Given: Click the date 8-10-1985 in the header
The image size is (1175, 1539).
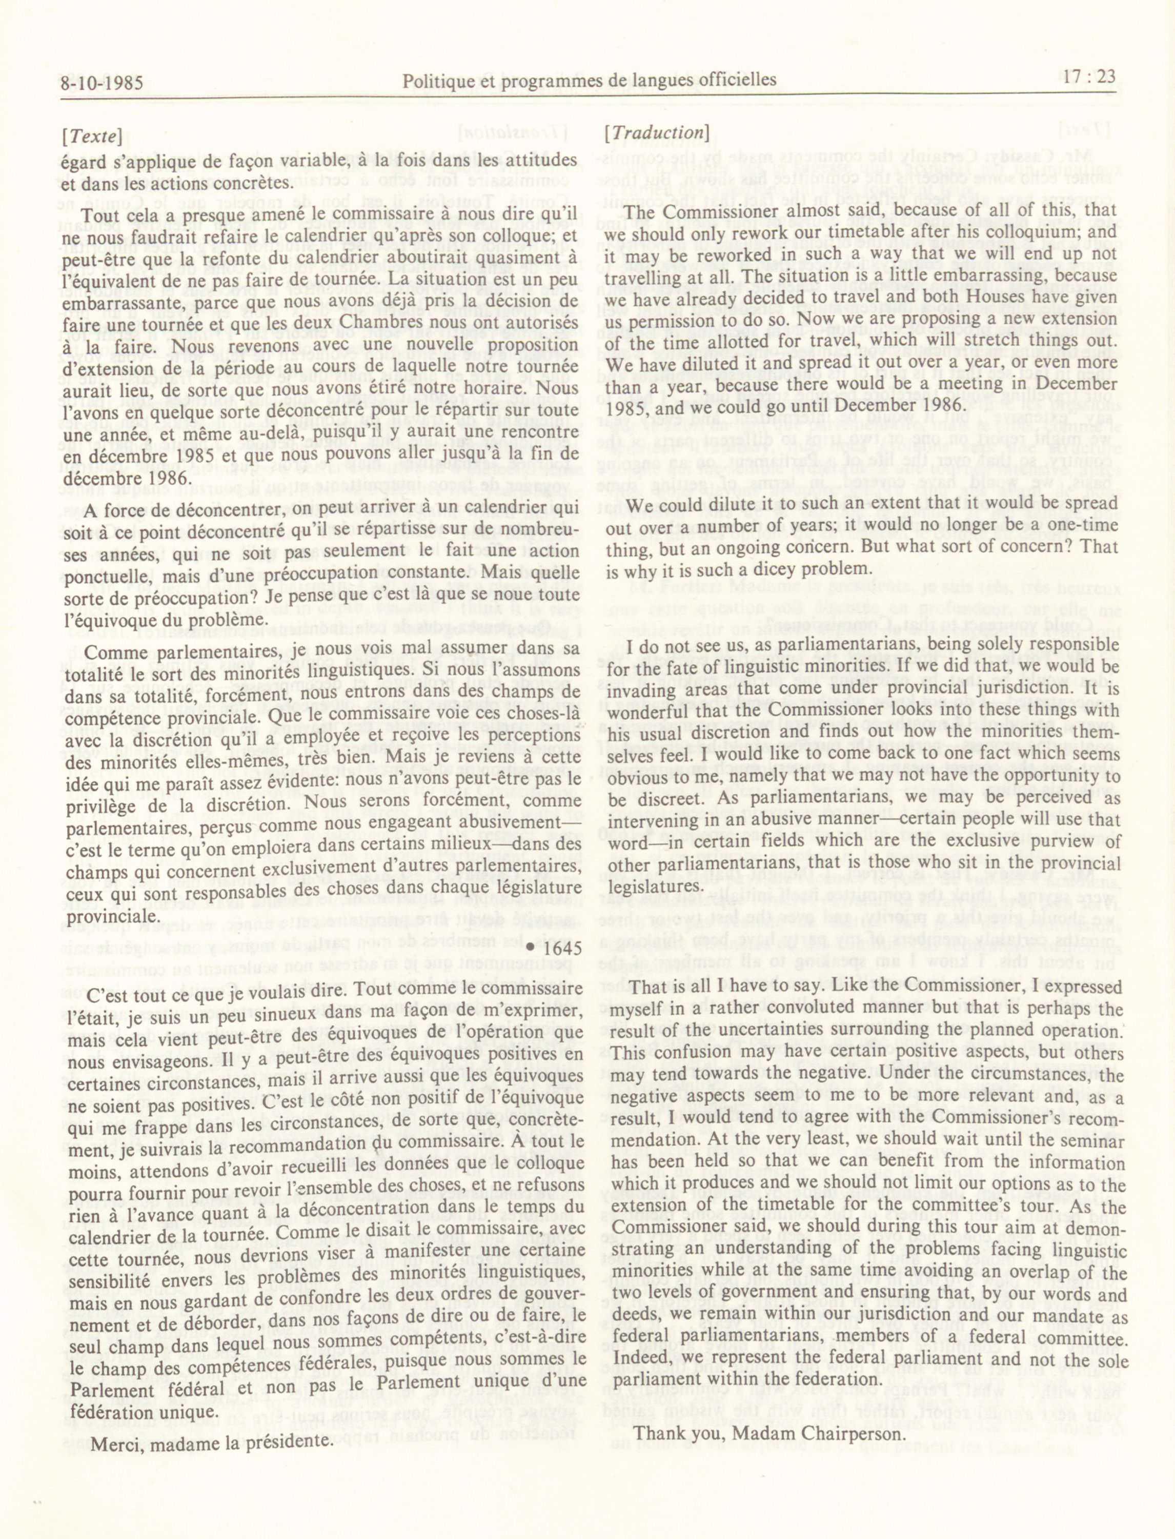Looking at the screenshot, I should coord(102,84).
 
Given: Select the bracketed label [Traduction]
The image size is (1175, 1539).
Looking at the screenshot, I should coord(657,133).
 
